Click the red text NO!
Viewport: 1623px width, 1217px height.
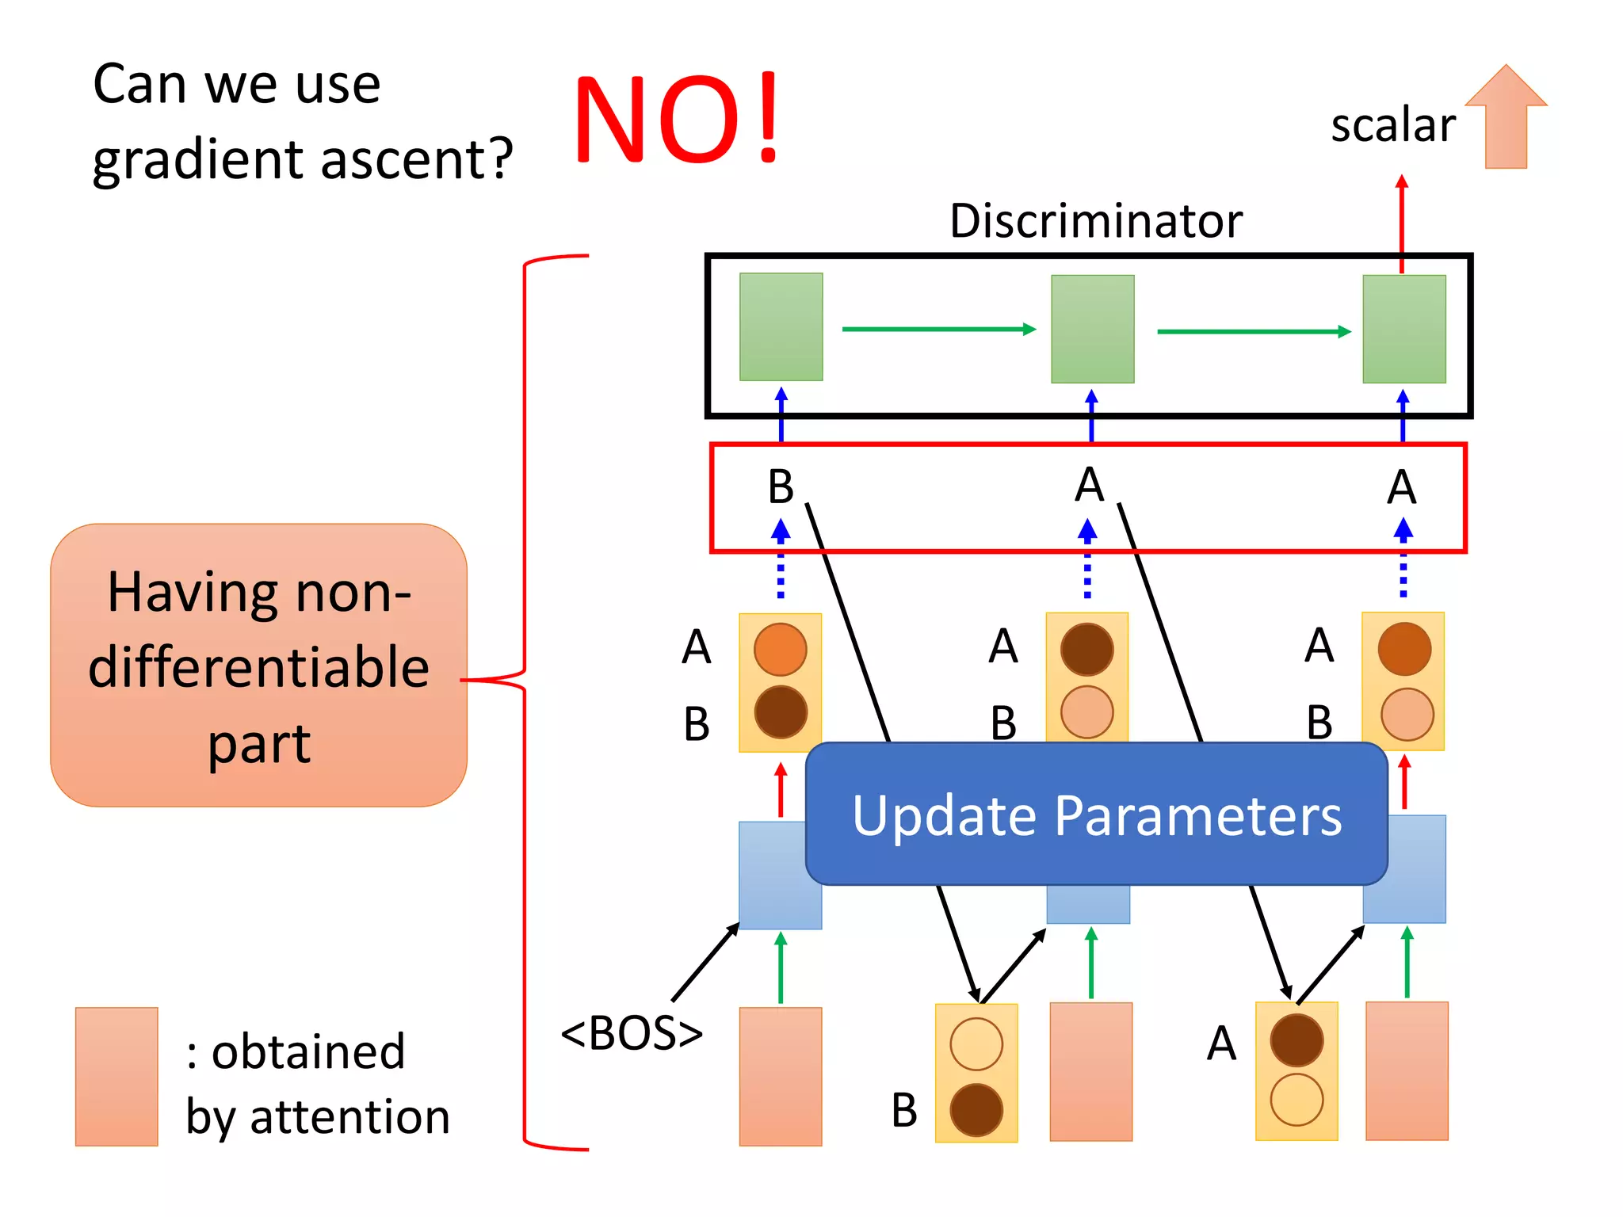pos(678,119)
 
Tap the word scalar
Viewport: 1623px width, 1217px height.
pos(1392,125)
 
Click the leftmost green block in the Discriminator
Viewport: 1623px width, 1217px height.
pos(781,326)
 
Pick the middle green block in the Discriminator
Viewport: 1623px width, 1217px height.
pos(1092,329)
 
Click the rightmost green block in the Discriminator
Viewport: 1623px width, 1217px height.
pos(1403,329)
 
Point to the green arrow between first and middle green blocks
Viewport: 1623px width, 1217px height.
pos(938,329)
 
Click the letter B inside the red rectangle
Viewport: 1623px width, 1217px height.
pos(781,486)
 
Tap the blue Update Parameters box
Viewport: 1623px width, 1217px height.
pos(1096,815)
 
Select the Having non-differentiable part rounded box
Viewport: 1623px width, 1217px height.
pos(258,666)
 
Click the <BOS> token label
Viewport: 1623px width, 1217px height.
pos(632,1033)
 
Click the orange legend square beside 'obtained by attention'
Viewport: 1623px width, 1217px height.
pos(116,1076)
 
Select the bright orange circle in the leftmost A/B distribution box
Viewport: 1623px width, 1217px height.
pos(780,650)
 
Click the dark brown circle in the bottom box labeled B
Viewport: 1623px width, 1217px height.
pos(976,1109)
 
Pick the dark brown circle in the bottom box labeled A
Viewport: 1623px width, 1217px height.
pos(1296,1040)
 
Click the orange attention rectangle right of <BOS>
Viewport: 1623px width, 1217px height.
pos(780,1076)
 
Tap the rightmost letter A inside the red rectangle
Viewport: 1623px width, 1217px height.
pos(1401,486)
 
